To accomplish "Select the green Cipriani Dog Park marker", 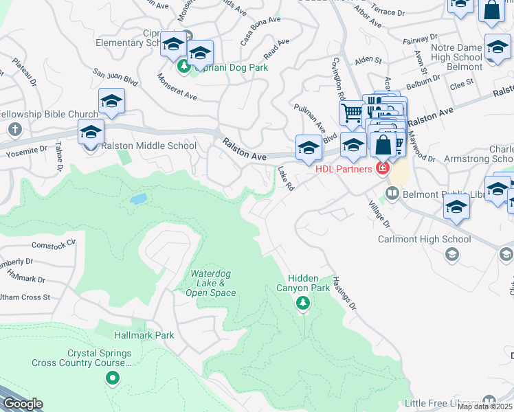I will pyautogui.click(x=183, y=67).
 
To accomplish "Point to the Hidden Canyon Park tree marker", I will pyautogui.click(x=302, y=304).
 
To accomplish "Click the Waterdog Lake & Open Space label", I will pyautogui.click(x=211, y=284).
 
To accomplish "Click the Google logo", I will pyautogui.click(x=23, y=404).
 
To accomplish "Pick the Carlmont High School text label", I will pyautogui.click(x=425, y=240).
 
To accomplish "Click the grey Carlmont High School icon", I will pyautogui.click(x=451, y=255).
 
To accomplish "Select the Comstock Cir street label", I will pyautogui.click(x=53, y=244).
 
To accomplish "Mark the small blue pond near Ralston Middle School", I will pyautogui.click(x=138, y=199).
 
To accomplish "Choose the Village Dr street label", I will pyautogui.click(x=378, y=215).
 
